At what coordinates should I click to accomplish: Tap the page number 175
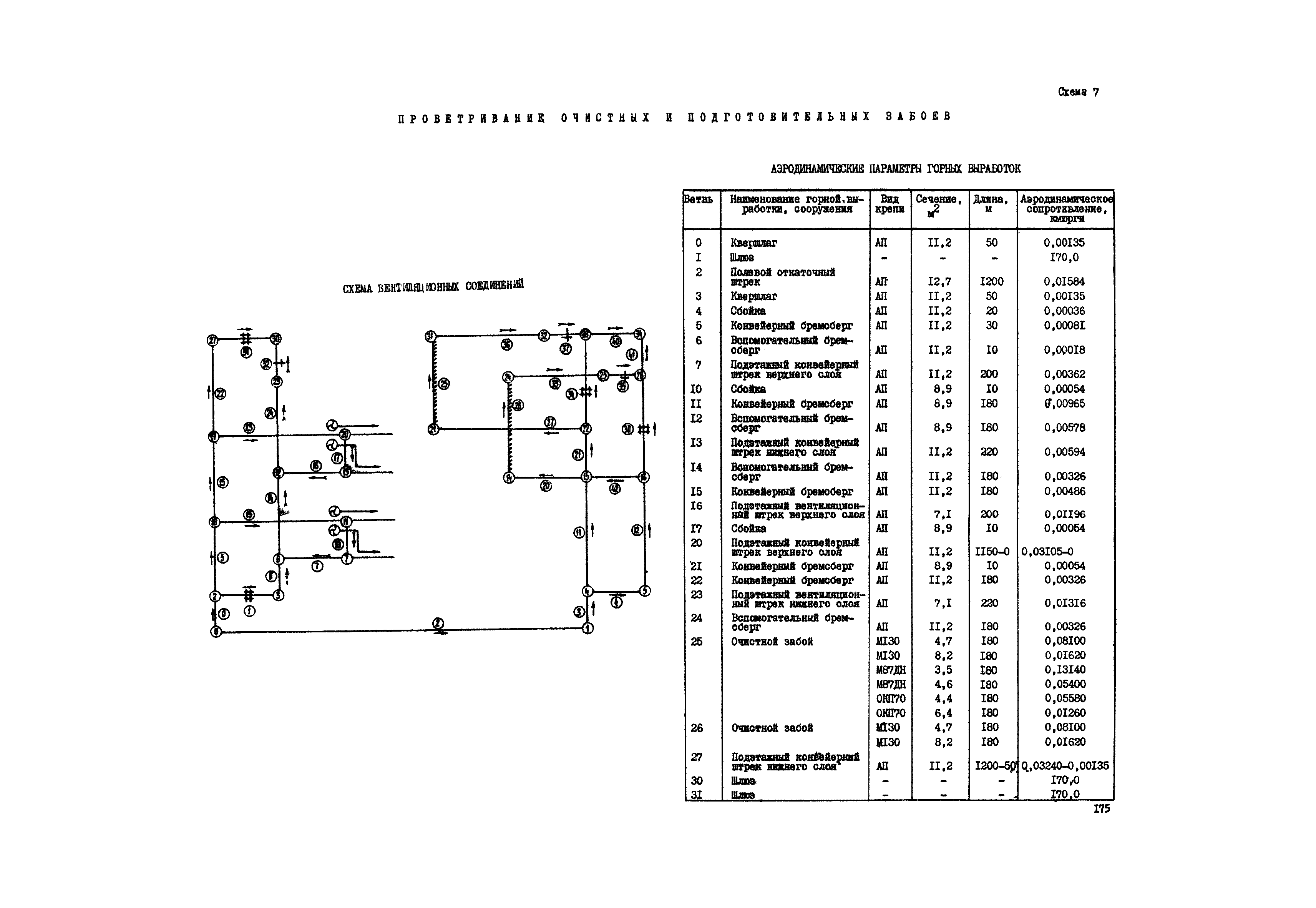pyautogui.click(x=1101, y=808)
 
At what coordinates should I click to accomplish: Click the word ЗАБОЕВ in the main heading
pyautogui.click(x=918, y=116)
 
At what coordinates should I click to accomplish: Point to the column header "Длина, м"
pyautogui.click(x=990, y=204)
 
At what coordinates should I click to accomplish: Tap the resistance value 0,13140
pyautogui.click(x=1065, y=670)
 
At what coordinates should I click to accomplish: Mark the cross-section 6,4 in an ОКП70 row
pyautogui.click(x=943, y=713)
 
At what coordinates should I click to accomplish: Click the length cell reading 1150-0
pyautogui.click(x=992, y=551)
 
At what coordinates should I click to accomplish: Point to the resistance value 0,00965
pyautogui.click(x=1064, y=403)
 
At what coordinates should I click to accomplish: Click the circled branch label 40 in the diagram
pyautogui.click(x=615, y=341)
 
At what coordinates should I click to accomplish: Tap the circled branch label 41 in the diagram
pyautogui.click(x=632, y=354)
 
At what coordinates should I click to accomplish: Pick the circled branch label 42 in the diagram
pyautogui.click(x=615, y=488)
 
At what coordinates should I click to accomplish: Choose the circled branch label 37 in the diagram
pyautogui.click(x=565, y=349)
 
